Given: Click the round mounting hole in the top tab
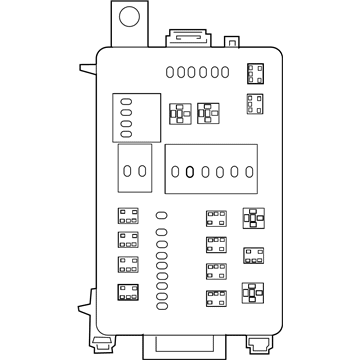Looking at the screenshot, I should click(128, 17).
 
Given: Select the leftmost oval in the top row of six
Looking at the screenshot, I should click(170, 71).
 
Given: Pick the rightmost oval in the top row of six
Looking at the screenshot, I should click(226, 71).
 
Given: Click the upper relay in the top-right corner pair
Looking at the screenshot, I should click(255, 73).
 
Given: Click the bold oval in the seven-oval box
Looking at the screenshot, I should click(189, 171).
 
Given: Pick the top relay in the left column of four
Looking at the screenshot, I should click(127, 216).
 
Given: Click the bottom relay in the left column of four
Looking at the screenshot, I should click(127, 293).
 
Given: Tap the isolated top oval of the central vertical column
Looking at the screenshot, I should click(161, 214).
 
